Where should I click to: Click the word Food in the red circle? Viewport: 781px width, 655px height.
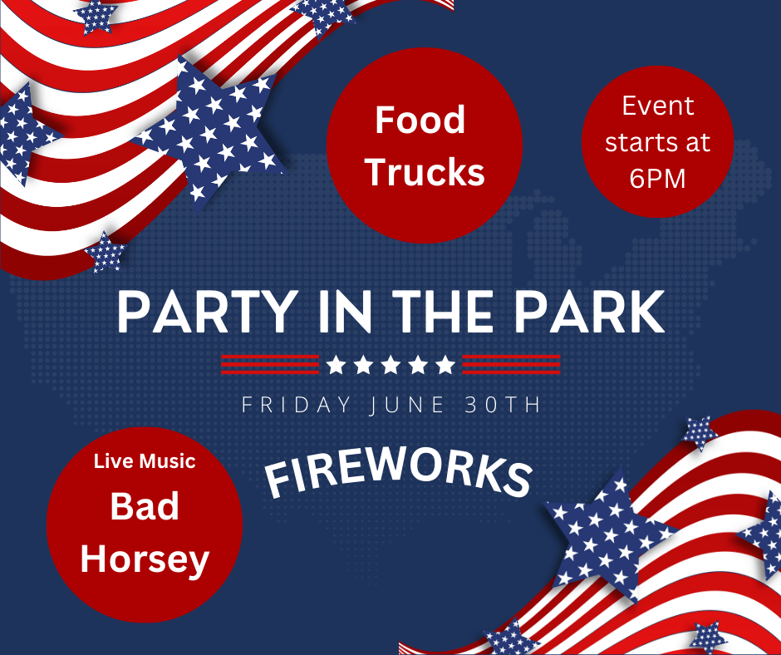click(x=420, y=121)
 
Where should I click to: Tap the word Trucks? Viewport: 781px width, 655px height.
click(x=425, y=172)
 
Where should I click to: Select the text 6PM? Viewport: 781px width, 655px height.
click(x=657, y=179)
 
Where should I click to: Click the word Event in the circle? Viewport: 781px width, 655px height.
click(x=658, y=106)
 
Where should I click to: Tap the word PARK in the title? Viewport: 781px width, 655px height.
click(x=590, y=312)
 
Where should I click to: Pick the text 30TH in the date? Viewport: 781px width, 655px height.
click(x=502, y=404)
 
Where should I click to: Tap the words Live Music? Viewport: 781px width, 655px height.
click(x=145, y=461)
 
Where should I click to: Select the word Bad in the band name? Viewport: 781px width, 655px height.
click(x=145, y=506)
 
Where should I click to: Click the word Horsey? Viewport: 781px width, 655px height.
click(x=145, y=559)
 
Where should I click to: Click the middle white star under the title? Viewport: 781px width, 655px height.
click(x=390, y=364)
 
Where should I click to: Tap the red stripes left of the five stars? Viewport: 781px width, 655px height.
click(x=270, y=364)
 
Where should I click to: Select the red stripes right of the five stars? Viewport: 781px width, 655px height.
click(x=511, y=364)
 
